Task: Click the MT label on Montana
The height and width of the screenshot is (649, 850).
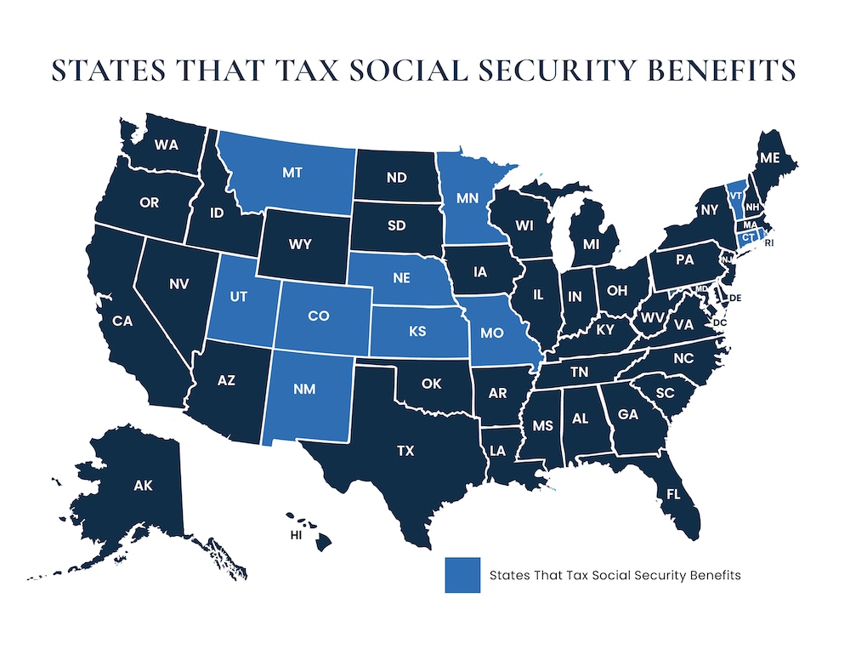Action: (291, 172)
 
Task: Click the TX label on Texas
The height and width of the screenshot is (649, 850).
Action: (405, 451)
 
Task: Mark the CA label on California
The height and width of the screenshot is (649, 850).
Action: (122, 321)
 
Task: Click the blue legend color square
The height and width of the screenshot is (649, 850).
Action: (460, 575)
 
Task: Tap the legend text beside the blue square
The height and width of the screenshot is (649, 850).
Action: (615, 575)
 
